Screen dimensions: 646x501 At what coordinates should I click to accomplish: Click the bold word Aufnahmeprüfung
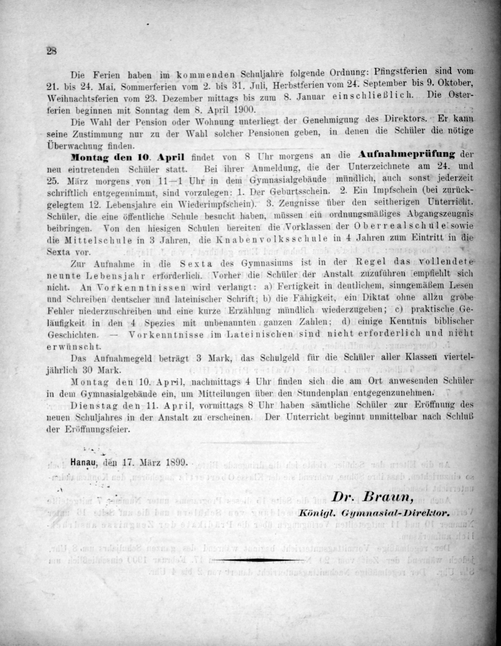point(406,154)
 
